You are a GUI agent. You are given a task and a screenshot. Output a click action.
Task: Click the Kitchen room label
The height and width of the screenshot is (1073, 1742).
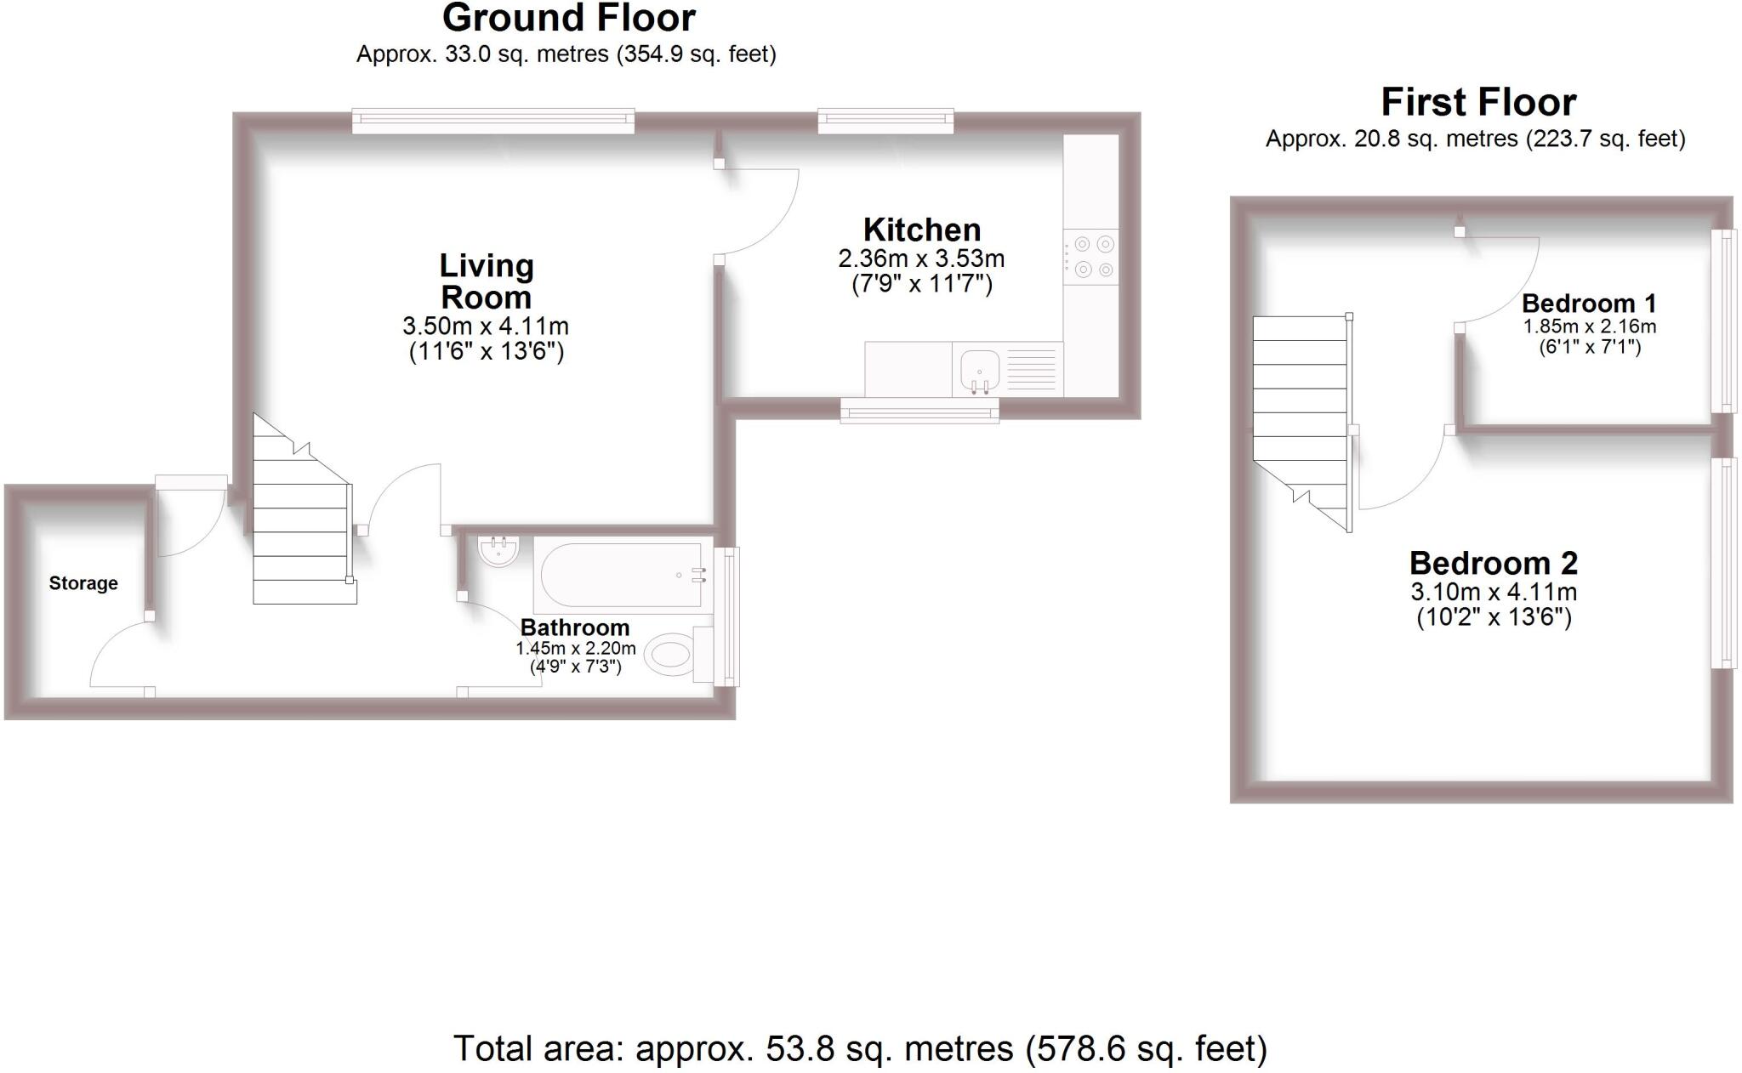pyautogui.click(x=922, y=230)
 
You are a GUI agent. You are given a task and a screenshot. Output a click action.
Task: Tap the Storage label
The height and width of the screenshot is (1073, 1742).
pyautogui.click(x=83, y=583)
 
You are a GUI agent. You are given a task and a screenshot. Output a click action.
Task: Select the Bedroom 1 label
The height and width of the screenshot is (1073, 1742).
pyautogui.click(x=1589, y=304)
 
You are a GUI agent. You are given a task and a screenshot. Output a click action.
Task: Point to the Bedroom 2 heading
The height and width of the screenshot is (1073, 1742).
pyautogui.click(x=1494, y=563)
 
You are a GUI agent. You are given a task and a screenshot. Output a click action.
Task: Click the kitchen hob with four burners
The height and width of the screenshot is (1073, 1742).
pyautogui.click(x=1091, y=257)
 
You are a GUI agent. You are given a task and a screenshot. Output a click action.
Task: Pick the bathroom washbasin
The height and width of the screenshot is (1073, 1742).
pyautogui.click(x=498, y=550)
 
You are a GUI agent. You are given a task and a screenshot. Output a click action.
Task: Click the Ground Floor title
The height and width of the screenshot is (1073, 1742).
pyautogui.click(x=569, y=18)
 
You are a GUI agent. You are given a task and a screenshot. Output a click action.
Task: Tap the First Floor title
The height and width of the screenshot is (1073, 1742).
pyautogui.click(x=1478, y=103)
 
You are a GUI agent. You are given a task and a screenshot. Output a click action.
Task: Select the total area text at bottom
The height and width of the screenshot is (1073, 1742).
pyautogui.click(x=860, y=1048)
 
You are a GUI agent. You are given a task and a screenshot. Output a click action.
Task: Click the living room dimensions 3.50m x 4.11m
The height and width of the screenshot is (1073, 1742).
pyautogui.click(x=486, y=326)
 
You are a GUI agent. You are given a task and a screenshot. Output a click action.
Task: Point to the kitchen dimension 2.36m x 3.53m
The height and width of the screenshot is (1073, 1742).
pyautogui.click(x=921, y=258)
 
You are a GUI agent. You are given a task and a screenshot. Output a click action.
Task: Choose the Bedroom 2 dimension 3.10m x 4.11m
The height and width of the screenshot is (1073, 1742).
pyautogui.click(x=1494, y=592)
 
